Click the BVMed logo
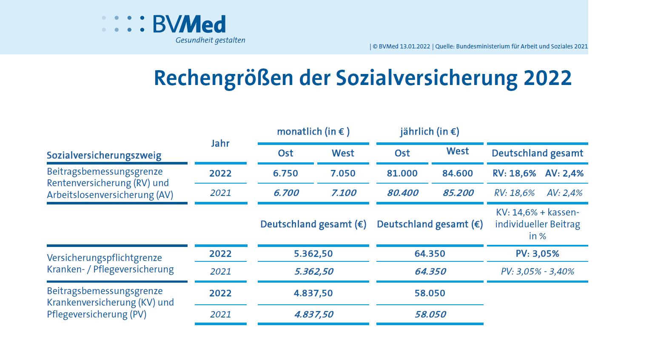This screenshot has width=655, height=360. tap(189, 24)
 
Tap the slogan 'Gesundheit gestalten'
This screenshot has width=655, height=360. tap(210, 40)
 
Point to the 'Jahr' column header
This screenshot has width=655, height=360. tap(220, 144)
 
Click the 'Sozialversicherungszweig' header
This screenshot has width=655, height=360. tap(104, 156)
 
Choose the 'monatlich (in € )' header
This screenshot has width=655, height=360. tap(313, 132)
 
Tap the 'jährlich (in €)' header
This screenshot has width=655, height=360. tap(430, 132)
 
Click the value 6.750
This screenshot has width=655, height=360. tap(285, 173)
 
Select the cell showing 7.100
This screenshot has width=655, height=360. tap(343, 193)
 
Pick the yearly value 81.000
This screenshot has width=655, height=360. tap(402, 173)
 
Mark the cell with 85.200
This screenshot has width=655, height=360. tap(458, 193)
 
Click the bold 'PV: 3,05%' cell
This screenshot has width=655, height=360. tap(537, 254)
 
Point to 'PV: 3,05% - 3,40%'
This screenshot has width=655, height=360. tap(537, 272)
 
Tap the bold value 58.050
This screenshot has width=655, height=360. tap(430, 293)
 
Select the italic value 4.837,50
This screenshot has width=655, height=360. tap(313, 315)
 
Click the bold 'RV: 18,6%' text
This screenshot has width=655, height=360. tap(514, 173)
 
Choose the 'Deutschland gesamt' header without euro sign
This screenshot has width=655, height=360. tap(537, 153)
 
